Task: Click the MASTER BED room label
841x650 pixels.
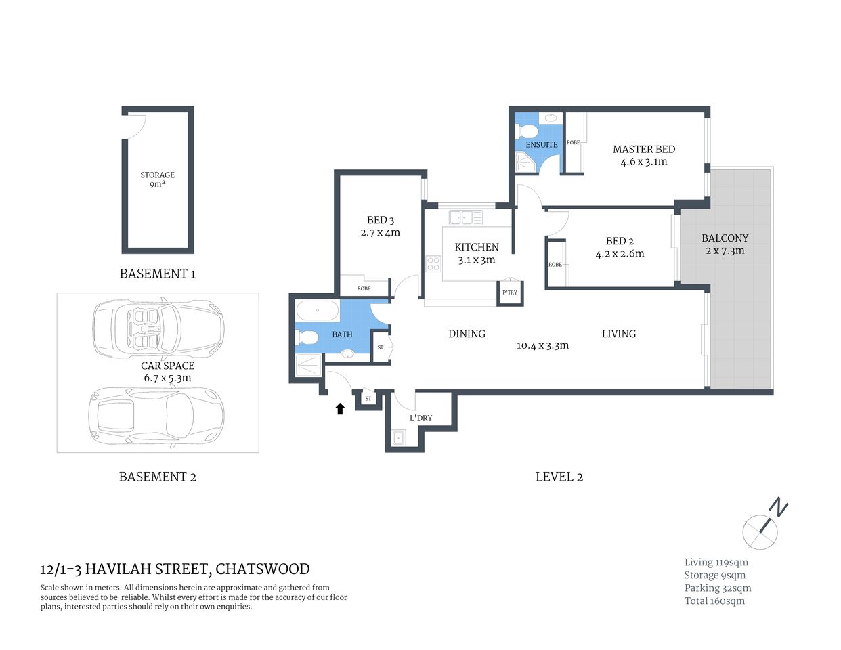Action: [643, 149]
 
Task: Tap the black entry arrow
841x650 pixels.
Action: [340, 408]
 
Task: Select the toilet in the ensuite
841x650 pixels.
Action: [529, 131]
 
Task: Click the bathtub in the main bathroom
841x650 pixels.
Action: [317, 311]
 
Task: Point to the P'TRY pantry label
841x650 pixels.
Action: [510, 292]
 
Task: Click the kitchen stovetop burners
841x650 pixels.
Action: [433, 263]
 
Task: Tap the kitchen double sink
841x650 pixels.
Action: [466, 217]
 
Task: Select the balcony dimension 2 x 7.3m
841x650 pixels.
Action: [725, 251]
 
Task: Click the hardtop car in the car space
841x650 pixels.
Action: [156, 414]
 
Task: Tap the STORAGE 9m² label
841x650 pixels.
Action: [157, 179]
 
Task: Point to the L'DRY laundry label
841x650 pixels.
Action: [420, 418]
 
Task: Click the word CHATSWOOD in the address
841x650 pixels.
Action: [262, 569]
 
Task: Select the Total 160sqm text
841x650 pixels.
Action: [714, 601]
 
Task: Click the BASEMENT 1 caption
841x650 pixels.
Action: [157, 274]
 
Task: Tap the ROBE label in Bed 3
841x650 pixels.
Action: [364, 288]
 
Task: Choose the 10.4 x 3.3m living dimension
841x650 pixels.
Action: [542, 345]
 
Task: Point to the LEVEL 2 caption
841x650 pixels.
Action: [559, 477]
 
